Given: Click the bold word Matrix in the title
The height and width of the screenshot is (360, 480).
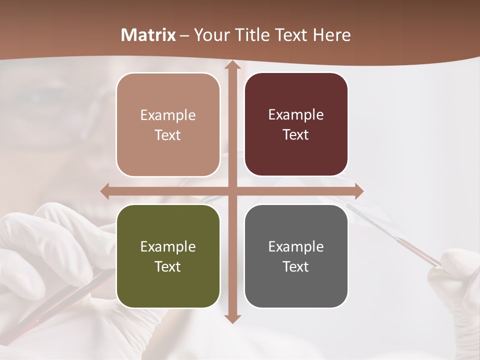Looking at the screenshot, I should pyautogui.click(x=148, y=35).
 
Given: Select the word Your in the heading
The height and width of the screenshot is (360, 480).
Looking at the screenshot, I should pyautogui.click(x=209, y=35).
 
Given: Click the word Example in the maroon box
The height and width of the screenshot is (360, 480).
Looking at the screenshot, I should pyautogui.click(x=296, y=115).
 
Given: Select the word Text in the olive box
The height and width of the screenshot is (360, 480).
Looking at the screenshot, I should pyautogui.click(x=167, y=266).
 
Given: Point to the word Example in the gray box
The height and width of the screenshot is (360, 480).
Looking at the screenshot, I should pyautogui.click(x=296, y=246).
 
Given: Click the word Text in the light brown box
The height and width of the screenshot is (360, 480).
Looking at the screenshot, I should pyautogui.click(x=167, y=135).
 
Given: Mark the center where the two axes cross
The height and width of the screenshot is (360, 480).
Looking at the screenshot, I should pyautogui.click(x=232, y=191).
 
